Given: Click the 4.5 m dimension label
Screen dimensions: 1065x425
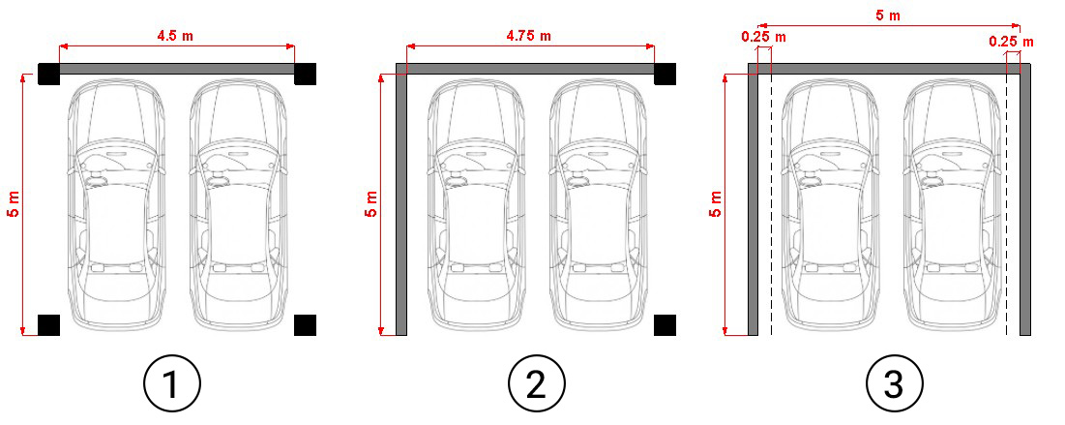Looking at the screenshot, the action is click(175, 36).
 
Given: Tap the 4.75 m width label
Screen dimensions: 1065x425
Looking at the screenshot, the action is click(529, 36).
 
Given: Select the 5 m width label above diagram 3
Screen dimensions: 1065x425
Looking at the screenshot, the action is click(888, 15).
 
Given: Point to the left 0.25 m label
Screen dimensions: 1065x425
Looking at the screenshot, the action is click(764, 37).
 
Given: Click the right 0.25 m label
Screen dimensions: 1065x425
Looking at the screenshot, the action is click(1012, 42).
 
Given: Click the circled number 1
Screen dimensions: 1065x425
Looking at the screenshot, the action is click(172, 383).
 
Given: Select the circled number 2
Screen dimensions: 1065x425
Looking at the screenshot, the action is click(537, 383).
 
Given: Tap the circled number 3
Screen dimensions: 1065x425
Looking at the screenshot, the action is click(895, 383).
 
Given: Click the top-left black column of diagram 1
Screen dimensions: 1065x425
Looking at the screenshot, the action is click(49, 75).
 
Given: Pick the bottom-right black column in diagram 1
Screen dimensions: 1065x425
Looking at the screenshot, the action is click(305, 325).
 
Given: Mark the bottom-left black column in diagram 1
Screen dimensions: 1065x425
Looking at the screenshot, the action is click(49, 325).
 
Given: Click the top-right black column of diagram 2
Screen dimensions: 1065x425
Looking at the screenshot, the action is click(665, 75).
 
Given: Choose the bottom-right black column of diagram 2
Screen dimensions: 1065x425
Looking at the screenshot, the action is click(665, 325).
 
